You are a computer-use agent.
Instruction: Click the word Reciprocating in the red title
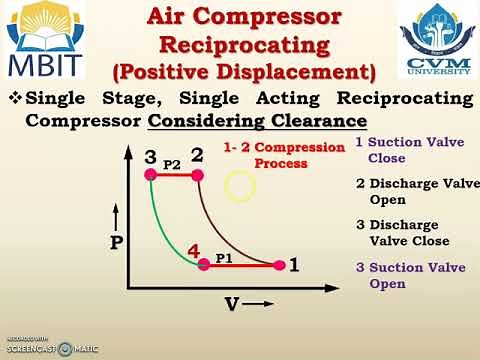click(x=246, y=45)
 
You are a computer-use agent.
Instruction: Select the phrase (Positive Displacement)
click(x=245, y=72)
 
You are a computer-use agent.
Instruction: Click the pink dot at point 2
click(x=197, y=175)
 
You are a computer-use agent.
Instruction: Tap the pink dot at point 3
click(x=150, y=175)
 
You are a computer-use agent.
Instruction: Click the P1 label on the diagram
click(x=226, y=257)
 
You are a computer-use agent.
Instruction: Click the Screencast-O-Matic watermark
click(x=50, y=348)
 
